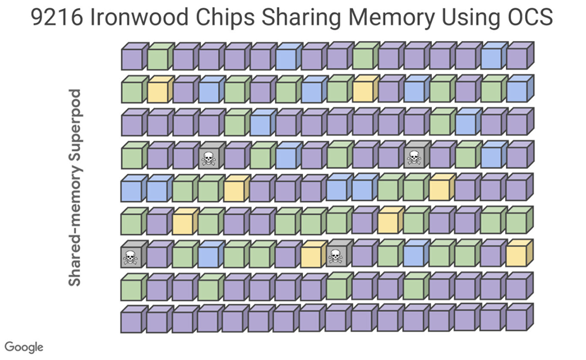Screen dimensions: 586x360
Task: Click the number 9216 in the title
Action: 56,17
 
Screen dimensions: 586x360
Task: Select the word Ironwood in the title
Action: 139,17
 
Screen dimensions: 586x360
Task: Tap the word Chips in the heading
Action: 224,18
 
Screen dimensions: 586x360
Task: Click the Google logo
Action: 24,347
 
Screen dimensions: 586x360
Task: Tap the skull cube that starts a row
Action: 134,254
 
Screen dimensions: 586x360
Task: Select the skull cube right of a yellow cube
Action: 339,254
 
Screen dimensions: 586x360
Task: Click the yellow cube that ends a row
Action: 520,254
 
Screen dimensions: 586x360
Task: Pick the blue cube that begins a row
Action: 134,188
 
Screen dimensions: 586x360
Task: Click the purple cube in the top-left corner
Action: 134,56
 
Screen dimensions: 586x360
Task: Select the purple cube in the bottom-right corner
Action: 520,318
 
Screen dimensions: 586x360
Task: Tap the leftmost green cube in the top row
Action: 160,56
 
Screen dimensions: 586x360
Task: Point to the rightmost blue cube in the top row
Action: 494,56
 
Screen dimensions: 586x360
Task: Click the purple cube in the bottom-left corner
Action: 134,319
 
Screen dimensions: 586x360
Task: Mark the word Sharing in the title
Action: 301,18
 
